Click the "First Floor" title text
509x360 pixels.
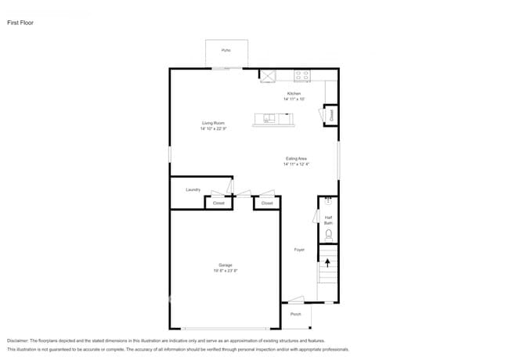pos(20,23)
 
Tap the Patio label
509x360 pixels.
pos(226,50)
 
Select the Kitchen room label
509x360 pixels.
pos(294,94)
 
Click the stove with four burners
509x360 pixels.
pos(301,76)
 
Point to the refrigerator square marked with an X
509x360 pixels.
pos(268,76)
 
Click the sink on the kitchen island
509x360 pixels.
pos(269,120)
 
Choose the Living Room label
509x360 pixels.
pos(214,123)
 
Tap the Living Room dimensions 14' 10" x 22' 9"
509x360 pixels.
pos(214,128)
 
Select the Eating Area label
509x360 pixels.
pos(296,159)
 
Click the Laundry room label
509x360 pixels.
pos(193,189)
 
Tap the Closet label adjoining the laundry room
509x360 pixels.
pos(218,203)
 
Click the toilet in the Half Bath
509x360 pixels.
pos(329,234)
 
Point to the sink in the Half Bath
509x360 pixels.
pos(329,201)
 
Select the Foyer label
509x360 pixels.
pos(299,250)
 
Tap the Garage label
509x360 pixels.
pos(225,265)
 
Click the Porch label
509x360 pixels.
pos(296,314)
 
